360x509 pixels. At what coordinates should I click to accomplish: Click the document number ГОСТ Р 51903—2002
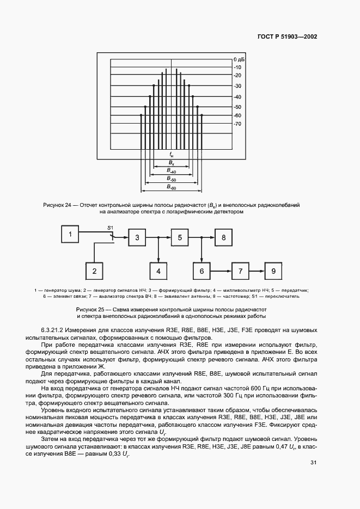coord(287,37)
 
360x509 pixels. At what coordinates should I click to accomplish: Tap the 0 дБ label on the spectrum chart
coord(240,58)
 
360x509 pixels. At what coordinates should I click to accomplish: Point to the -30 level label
coord(237,87)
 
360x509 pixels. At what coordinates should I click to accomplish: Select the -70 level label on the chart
coord(237,124)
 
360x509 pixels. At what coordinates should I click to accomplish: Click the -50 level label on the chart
coord(237,107)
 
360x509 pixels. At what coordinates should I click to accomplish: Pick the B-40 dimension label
coord(171,171)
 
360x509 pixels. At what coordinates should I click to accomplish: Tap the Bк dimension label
coord(171,163)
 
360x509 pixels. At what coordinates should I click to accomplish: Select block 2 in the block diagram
coord(94,271)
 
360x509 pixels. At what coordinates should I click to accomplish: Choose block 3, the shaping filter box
coord(137,237)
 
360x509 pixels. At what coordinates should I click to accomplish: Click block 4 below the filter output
coord(158,271)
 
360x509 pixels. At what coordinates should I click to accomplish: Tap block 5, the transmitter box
coord(180,237)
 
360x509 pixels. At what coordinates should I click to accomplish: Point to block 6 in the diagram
coord(202,271)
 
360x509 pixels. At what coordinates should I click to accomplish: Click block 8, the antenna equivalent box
coord(223,237)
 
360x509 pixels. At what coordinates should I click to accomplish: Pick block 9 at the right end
coord(274,271)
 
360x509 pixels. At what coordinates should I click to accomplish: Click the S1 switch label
coord(109,226)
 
